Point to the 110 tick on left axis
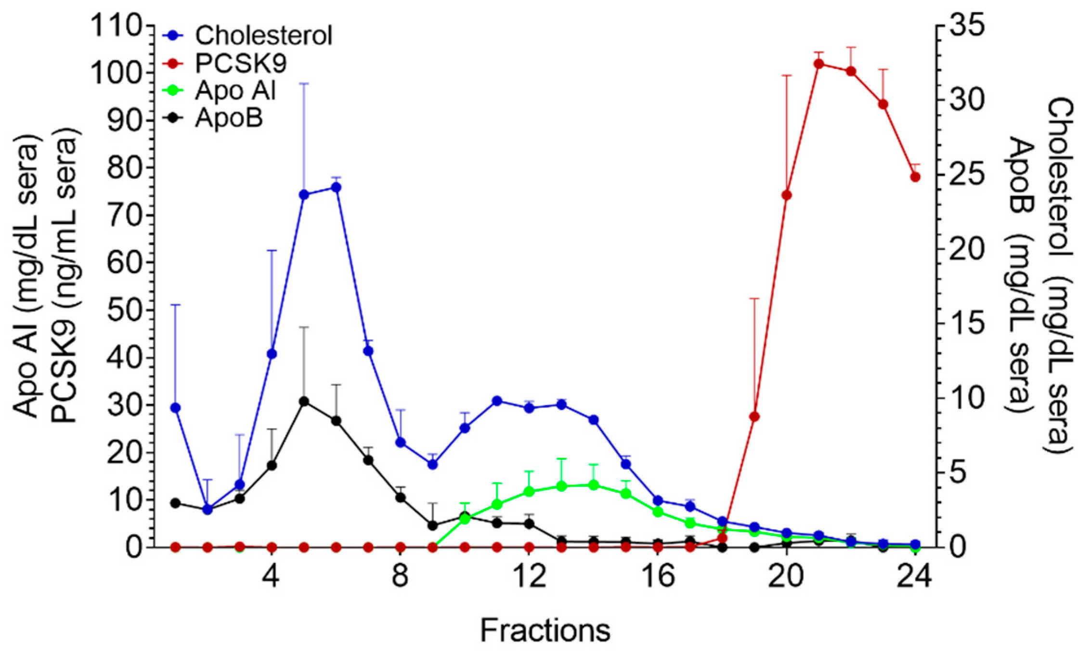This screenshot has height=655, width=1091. pyautogui.click(x=116, y=26)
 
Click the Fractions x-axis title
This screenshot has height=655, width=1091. pyautogui.click(x=545, y=630)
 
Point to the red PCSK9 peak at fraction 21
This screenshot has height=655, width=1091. pyautogui.click(x=819, y=64)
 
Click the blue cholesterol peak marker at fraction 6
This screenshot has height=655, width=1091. pyautogui.click(x=337, y=187)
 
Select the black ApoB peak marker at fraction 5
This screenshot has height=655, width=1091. pyautogui.click(x=304, y=401)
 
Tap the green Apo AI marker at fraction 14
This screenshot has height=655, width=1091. pyautogui.click(x=594, y=485)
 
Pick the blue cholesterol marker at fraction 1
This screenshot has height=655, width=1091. pyautogui.click(x=176, y=407)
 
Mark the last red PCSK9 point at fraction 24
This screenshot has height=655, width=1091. pyautogui.click(x=915, y=177)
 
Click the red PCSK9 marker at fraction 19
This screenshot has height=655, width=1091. pyautogui.click(x=754, y=416)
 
